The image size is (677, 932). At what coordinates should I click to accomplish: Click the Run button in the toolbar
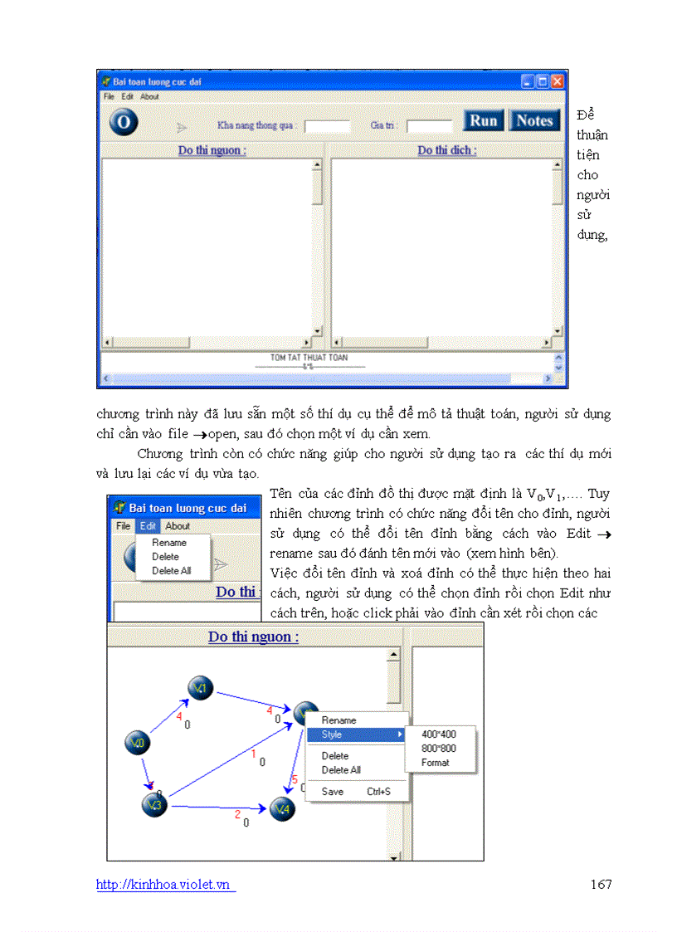483,120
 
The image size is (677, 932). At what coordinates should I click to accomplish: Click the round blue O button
124,122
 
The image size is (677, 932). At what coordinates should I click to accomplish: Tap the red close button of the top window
557,81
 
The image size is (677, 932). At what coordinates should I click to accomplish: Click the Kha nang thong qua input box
327,126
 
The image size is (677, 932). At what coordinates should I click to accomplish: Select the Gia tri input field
429,126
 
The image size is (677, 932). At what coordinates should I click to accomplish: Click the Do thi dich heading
446,150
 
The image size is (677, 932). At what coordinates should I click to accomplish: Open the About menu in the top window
149,96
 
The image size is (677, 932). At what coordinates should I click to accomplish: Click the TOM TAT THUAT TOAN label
309,358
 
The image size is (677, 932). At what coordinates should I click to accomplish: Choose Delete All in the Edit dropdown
171,571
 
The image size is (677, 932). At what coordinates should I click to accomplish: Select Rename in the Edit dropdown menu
169,543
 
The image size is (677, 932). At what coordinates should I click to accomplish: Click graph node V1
201,688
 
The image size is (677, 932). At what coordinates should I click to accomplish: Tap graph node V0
137,743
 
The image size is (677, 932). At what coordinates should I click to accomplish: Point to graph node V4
282,808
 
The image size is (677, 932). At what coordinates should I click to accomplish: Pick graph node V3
154,804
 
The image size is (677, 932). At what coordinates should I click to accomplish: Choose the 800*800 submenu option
438,749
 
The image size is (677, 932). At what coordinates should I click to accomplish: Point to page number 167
601,884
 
